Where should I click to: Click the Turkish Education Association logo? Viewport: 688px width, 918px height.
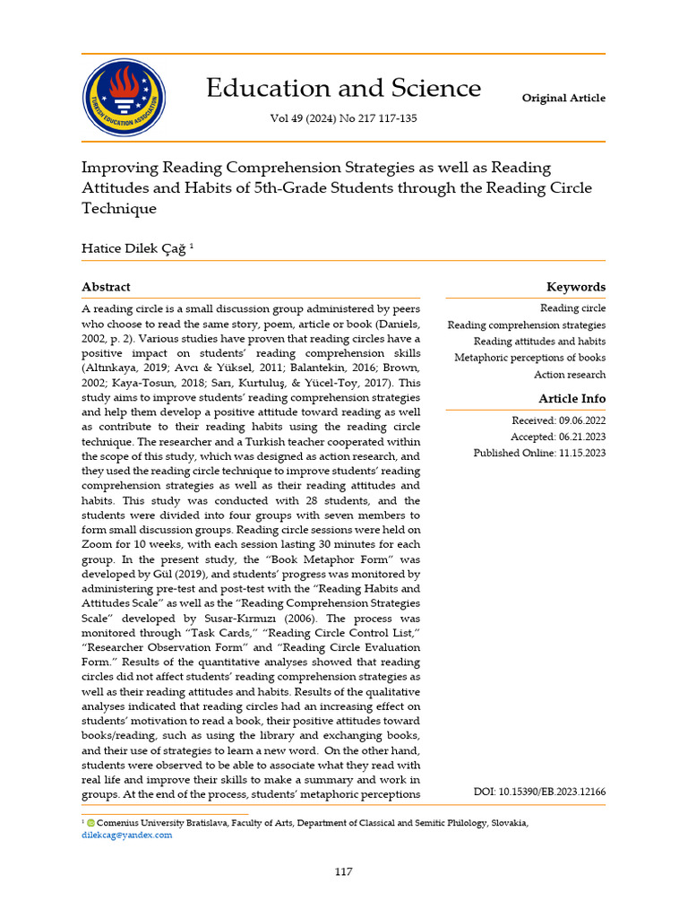[x=124, y=98]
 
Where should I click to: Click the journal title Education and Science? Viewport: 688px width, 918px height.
[x=343, y=88]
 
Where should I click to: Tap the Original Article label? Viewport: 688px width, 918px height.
[x=563, y=98]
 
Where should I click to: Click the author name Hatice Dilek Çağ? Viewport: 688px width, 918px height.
[x=134, y=248]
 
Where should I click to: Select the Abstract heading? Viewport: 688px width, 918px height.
[x=106, y=287]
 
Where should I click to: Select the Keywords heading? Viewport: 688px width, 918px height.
[x=576, y=287]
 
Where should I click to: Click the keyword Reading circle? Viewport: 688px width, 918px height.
[x=572, y=308]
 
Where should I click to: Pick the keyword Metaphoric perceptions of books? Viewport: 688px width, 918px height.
[x=529, y=358]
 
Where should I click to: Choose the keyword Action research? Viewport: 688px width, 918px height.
[x=570, y=375]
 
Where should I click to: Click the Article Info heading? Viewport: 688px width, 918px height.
[x=572, y=398]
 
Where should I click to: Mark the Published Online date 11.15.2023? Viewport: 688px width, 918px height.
[x=539, y=453]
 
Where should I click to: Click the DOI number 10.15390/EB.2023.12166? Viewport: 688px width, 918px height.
[x=539, y=792]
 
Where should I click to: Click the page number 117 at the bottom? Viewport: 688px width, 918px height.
[x=343, y=872]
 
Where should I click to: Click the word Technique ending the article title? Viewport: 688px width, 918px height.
[x=119, y=209]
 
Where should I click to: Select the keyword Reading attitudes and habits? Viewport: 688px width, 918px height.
[x=539, y=342]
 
